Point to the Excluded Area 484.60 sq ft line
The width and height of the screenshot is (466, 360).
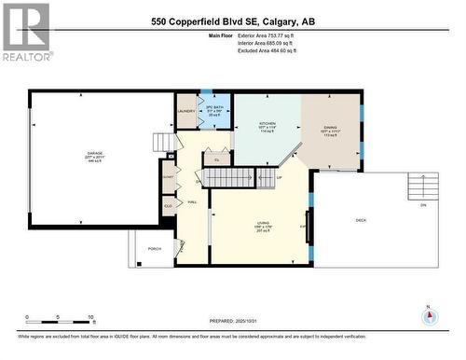(x=261, y=53)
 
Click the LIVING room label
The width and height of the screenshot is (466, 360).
(x=264, y=223)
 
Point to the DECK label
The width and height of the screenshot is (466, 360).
(x=362, y=220)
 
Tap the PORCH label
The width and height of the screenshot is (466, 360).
(x=155, y=248)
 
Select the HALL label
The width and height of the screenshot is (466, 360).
(x=193, y=201)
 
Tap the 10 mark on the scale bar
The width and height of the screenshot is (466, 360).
(x=90, y=317)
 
